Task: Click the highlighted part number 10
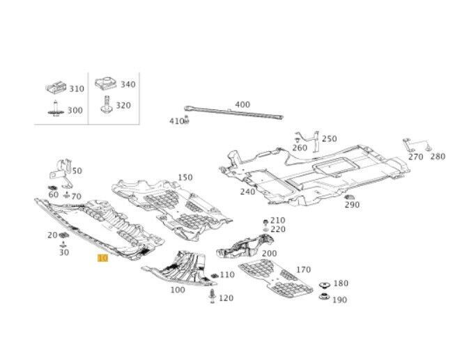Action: click(x=102, y=258)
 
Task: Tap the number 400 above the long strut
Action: click(x=242, y=104)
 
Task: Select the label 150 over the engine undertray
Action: click(x=185, y=178)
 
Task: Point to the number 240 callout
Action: click(x=247, y=191)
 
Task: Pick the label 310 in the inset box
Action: click(x=76, y=89)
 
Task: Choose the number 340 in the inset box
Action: click(x=128, y=84)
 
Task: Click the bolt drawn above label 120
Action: click(x=211, y=298)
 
